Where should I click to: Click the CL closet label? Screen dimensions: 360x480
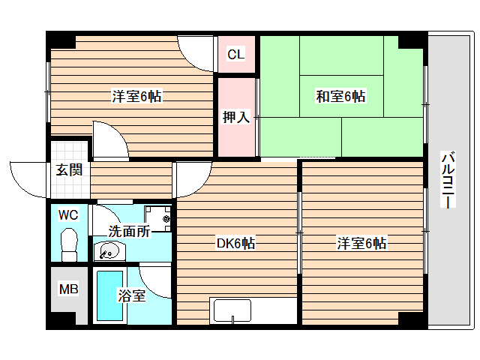point(236,54)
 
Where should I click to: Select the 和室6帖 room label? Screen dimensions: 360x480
point(340,97)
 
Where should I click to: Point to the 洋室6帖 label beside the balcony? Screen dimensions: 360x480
point(361,243)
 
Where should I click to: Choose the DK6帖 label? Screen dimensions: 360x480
point(235,243)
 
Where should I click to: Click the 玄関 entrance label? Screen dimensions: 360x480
point(68,169)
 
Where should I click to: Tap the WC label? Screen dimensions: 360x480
point(68,215)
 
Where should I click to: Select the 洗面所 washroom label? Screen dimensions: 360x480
point(129,231)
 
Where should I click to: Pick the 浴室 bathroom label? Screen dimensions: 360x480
point(132,296)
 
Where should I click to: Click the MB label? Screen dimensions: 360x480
point(68,289)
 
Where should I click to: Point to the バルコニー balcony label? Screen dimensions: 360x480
point(448,181)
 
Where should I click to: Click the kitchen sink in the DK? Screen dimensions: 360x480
point(232,310)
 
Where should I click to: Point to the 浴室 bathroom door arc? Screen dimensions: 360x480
point(156,279)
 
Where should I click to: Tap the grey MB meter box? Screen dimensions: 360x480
point(68,296)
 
